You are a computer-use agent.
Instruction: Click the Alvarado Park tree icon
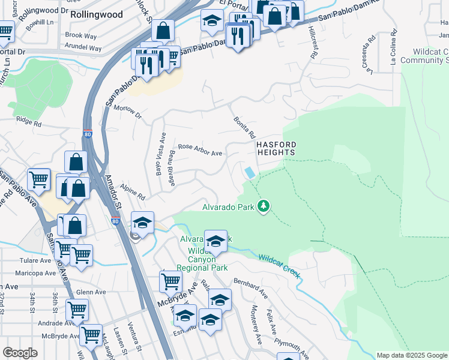click(263, 206)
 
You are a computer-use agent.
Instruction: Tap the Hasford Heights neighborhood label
click(276, 149)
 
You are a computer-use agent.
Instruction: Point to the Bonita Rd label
click(245, 127)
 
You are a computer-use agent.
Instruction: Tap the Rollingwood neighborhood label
click(96, 14)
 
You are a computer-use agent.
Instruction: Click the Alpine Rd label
click(133, 193)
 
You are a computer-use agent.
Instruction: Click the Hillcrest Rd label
click(313, 42)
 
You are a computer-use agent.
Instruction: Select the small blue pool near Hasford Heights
click(249, 173)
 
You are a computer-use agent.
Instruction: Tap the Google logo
click(20, 353)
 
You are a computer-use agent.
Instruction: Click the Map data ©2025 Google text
click(411, 355)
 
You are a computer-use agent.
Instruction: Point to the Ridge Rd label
click(29, 122)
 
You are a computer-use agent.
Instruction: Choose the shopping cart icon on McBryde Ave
click(171, 280)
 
